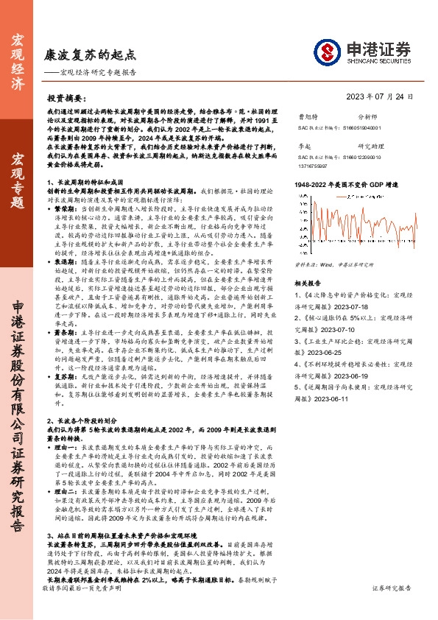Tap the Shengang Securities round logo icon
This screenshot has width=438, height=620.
(327, 52)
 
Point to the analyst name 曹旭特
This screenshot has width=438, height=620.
(307, 116)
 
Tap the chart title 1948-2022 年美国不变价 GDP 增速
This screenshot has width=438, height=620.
(345, 184)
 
